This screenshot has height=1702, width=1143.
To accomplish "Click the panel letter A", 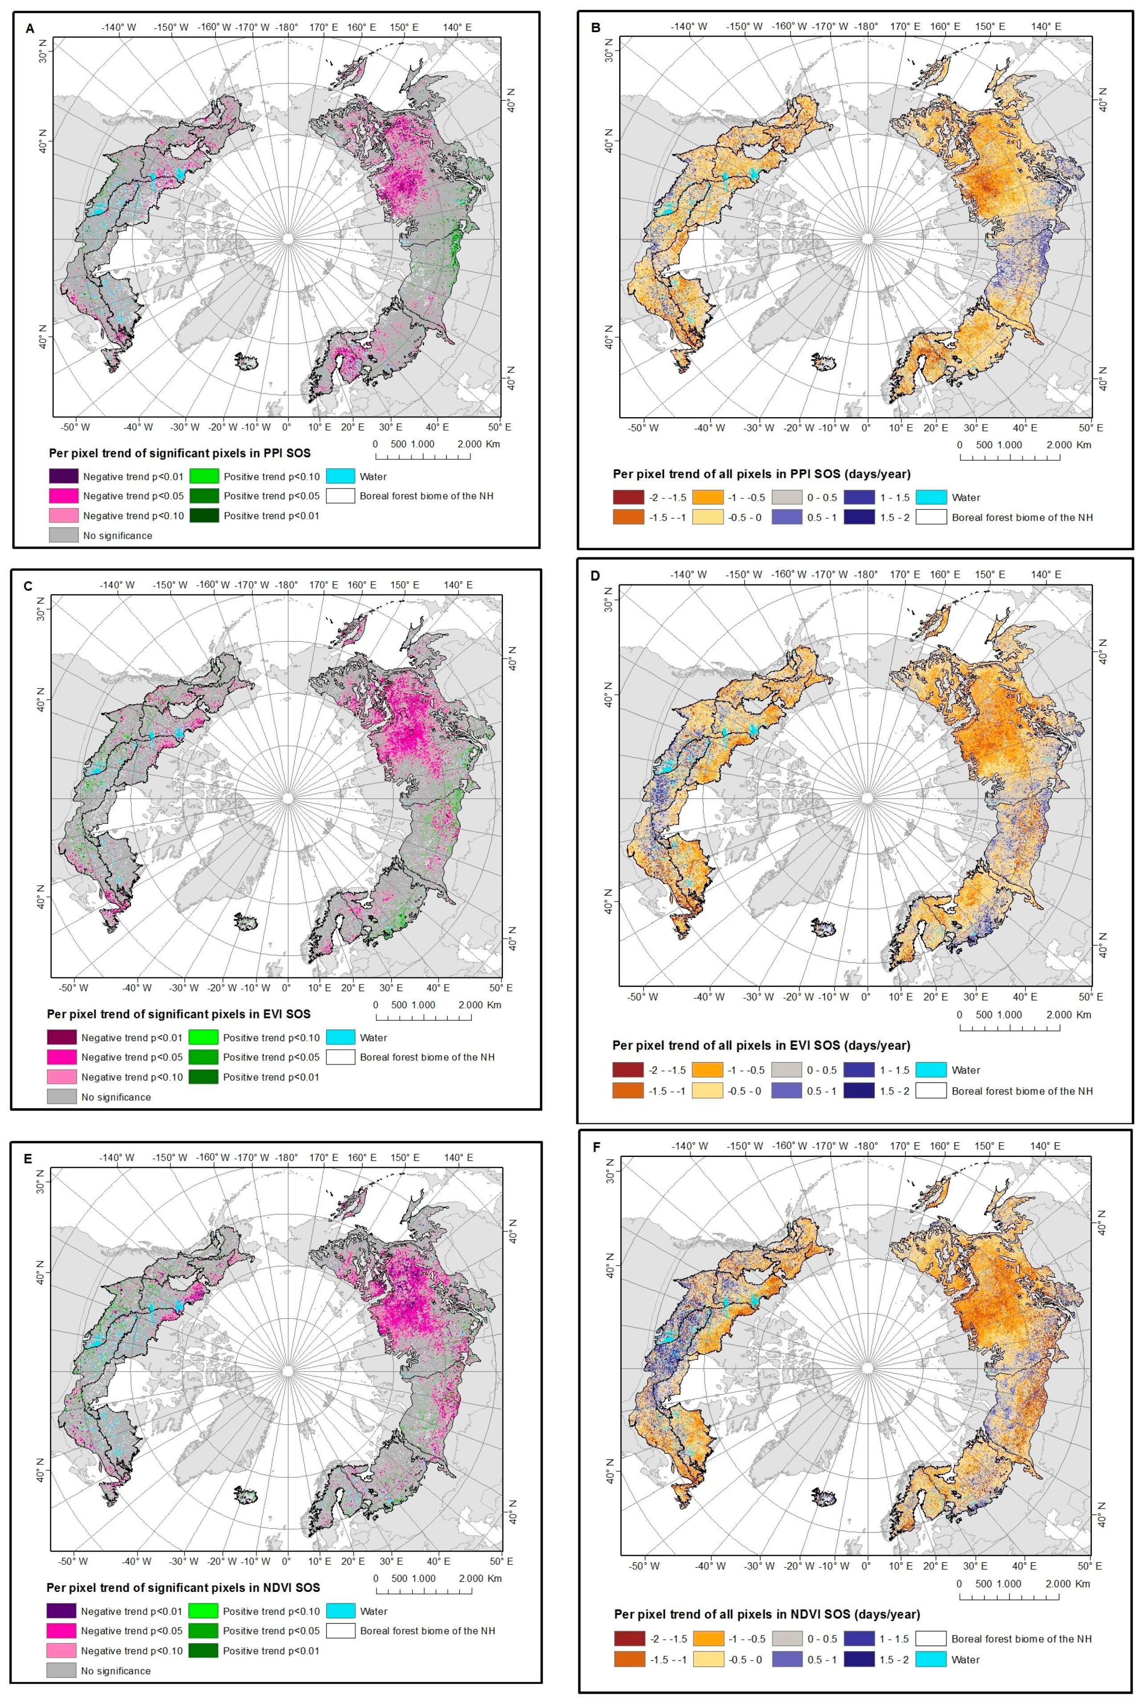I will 30,29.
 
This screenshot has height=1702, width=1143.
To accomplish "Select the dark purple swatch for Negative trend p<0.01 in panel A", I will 63,476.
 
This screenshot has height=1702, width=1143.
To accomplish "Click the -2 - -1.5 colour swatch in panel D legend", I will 629,1070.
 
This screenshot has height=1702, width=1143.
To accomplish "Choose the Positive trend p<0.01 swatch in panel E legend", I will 204,1650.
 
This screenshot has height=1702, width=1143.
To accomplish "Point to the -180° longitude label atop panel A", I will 286,28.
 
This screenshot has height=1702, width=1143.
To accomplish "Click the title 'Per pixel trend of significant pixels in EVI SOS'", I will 179,1014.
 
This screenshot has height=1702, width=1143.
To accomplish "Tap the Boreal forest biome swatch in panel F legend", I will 931,1639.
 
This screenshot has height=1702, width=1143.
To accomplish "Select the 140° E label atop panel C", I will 458,585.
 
